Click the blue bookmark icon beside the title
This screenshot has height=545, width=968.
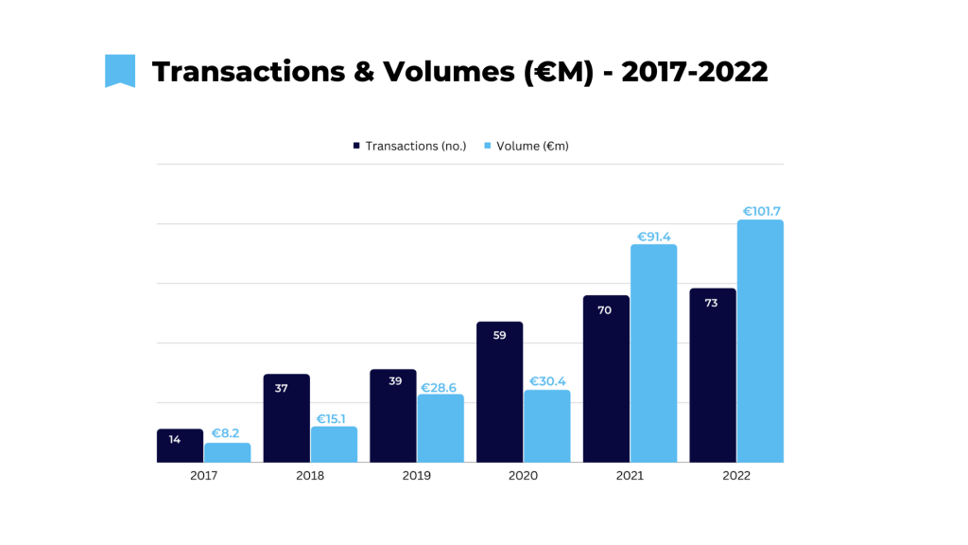[x=119, y=71]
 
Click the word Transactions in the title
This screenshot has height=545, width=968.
[x=249, y=71]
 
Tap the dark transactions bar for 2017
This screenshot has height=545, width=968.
[x=180, y=446]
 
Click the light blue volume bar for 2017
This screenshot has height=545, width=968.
[x=228, y=453]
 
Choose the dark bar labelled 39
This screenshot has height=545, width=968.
[x=393, y=416]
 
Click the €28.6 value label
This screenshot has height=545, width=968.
[x=441, y=387]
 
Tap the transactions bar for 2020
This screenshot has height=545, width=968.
[x=500, y=392]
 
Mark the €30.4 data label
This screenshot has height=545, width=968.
[x=547, y=381]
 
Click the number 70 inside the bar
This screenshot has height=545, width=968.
[x=605, y=310]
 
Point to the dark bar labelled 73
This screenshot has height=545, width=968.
[x=713, y=375]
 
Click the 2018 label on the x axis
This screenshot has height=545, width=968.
[x=310, y=476]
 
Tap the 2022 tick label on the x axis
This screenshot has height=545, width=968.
[x=736, y=476]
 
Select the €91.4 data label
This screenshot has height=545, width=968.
[x=654, y=237]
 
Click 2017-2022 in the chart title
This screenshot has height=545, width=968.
[x=696, y=71]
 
